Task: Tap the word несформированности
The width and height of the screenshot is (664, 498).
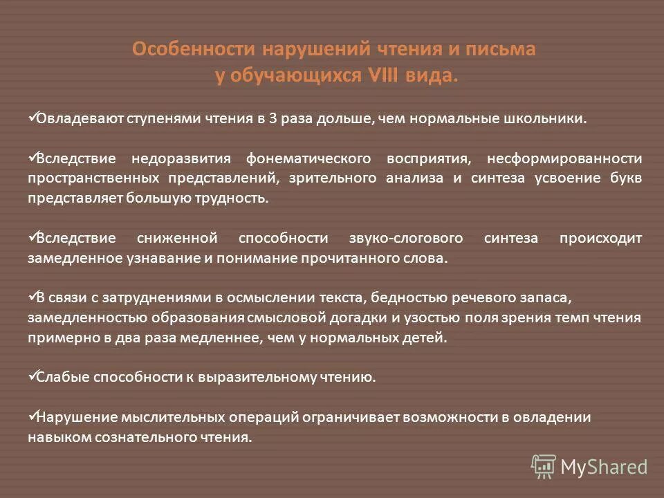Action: point(564,159)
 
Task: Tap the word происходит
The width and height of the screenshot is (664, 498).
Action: point(600,239)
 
